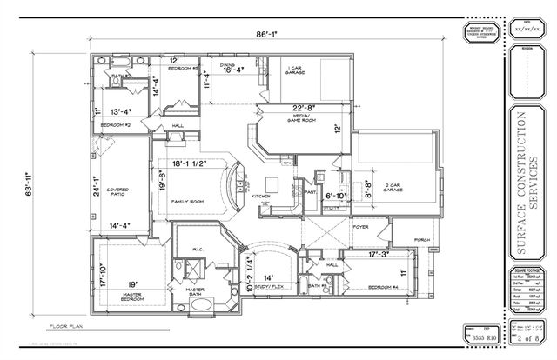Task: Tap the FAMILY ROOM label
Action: pyautogui.click(x=187, y=201)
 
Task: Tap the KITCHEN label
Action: pyautogui.click(x=262, y=197)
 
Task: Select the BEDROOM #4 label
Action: pyautogui.click(x=383, y=286)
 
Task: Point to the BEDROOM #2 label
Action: pyautogui.click(x=115, y=125)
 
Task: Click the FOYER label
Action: pyautogui.click(x=360, y=227)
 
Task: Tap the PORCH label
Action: pyautogui.click(x=423, y=240)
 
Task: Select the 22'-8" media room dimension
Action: pyautogui.click(x=304, y=108)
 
